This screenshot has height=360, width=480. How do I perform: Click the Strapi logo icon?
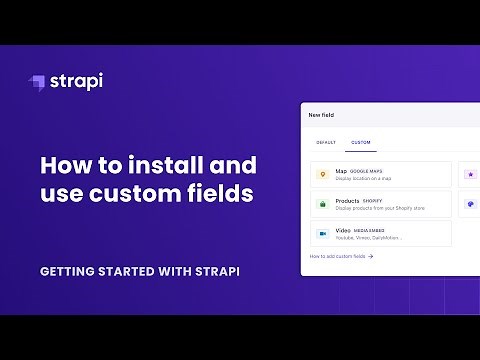[37, 82]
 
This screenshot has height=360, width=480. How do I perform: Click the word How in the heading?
[64, 164]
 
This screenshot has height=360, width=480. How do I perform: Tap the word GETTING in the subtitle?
[73, 271]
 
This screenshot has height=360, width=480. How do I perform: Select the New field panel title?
[321, 115]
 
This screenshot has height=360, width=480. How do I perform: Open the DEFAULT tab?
[326, 143]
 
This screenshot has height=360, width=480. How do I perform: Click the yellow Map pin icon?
[322, 175]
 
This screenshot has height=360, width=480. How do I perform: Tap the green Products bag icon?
[322, 204]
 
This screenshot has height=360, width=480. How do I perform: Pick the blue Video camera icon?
[322, 233]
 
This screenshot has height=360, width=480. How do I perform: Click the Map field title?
[341, 171]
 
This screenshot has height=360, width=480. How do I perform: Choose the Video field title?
[343, 229]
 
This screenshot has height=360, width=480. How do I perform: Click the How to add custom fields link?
[341, 256]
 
